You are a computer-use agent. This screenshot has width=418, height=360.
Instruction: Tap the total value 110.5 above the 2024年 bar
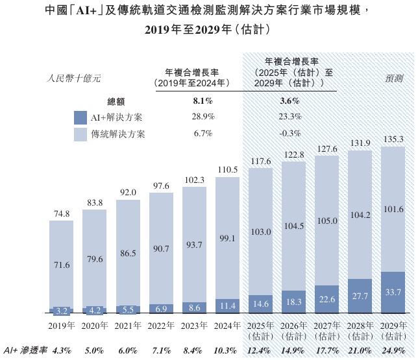tap(228, 169)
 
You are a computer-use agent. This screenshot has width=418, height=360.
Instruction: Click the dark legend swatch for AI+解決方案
tap(80, 117)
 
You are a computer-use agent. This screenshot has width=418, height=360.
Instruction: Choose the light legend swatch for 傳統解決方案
tap(80, 134)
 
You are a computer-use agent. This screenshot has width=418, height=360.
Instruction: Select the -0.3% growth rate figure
tap(289, 134)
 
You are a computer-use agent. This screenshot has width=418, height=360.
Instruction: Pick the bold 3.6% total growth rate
tap(289, 101)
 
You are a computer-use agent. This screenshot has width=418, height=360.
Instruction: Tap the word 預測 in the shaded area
tap(393, 78)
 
